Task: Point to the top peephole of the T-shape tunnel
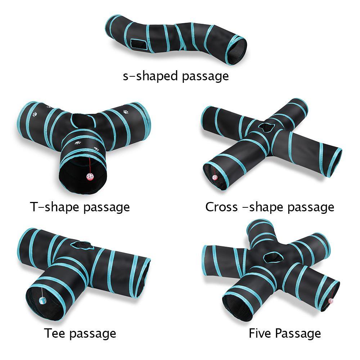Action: click(x=85, y=121)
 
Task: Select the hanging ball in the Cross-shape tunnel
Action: click(x=215, y=177)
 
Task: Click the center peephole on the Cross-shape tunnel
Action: click(x=265, y=127)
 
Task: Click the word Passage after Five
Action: click(x=298, y=333)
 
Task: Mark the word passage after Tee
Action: click(x=93, y=333)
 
